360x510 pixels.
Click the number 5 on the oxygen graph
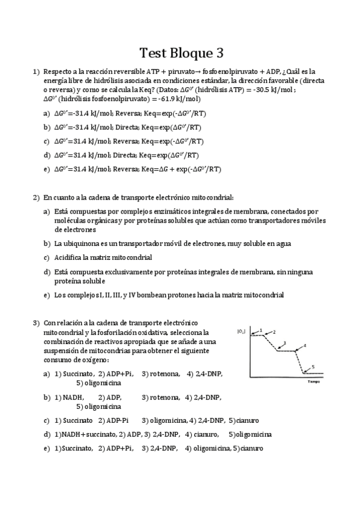313,367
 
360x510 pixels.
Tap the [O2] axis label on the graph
241,330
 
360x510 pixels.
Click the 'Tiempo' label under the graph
313,381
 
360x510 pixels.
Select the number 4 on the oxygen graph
305,346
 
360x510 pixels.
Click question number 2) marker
35,197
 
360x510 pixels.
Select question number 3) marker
35,323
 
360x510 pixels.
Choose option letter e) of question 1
47,169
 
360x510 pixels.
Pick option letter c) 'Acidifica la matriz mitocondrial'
47,257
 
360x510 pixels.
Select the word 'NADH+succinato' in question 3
87,434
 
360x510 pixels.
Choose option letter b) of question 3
47,398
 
